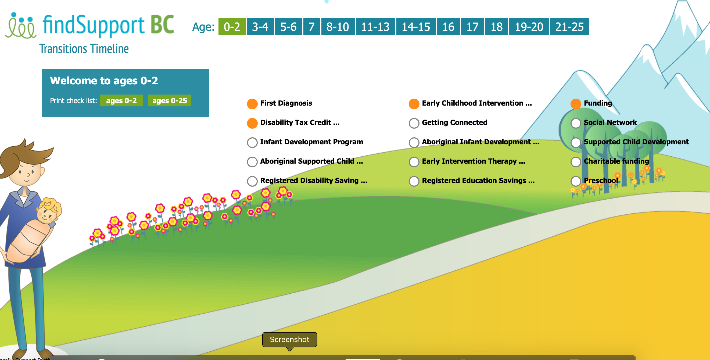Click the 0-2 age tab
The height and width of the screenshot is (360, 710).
coord(232,26)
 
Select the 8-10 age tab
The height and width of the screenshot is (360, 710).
coord(338,26)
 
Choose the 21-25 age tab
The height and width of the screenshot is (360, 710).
coord(569,26)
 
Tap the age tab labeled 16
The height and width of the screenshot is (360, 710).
coord(448,26)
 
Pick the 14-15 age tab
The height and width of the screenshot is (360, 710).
coord(416,26)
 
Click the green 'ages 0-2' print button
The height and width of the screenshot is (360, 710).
coord(121,100)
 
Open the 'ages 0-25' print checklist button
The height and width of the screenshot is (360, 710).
coord(170,100)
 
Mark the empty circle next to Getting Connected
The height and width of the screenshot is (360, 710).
coord(414,123)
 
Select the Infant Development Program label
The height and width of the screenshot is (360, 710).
coord(311,142)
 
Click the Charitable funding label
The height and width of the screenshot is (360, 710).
coord(616,161)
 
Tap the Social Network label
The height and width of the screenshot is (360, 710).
coord(610,122)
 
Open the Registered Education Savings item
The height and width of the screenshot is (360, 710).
coord(478,181)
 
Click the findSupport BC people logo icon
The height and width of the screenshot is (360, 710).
coord(21,25)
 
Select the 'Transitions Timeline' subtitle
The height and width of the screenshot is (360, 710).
coord(84,49)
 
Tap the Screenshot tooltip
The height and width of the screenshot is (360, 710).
coord(289,340)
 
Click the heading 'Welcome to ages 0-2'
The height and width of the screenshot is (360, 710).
coord(104,81)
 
